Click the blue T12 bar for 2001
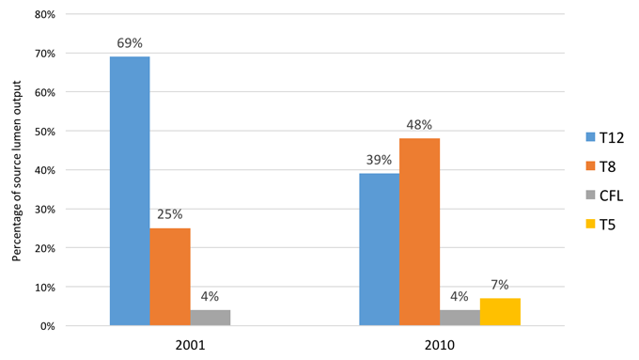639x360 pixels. (x=130, y=191)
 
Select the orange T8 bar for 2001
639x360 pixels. (x=170, y=277)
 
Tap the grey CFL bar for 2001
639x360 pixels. (x=210, y=318)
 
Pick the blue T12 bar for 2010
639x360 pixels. (x=380, y=249)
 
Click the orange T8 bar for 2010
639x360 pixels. (x=419, y=232)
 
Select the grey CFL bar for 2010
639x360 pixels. (x=460, y=318)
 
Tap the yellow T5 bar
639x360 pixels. (x=500, y=312)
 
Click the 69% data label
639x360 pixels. (x=130, y=43)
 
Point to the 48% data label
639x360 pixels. (x=419, y=125)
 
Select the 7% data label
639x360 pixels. (x=500, y=285)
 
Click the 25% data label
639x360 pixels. (x=170, y=214)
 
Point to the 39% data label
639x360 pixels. (x=379, y=160)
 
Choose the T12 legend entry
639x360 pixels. (x=605, y=138)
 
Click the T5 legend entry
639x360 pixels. (x=600, y=225)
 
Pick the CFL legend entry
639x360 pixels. (x=604, y=196)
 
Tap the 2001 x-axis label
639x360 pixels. (x=191, y=345)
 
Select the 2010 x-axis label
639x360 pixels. (x=440, y=345)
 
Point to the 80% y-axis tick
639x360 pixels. (x=45, y=15)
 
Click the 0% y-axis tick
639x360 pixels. (x=47, y=326)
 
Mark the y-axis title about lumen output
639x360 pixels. (x=16, y=171)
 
